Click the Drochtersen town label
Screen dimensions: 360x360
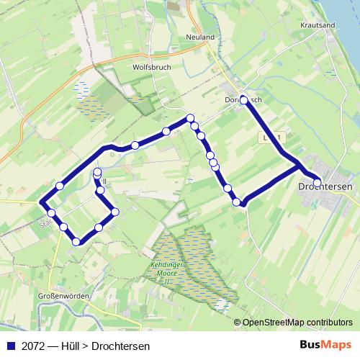coord(325,186)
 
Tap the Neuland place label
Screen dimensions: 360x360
coord(200,37)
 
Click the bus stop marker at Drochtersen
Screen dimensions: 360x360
coord(317,182)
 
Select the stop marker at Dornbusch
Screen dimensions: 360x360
coord(243,99)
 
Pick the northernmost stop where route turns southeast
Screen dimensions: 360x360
coord(190,118)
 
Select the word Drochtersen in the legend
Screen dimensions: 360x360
coord(121,346)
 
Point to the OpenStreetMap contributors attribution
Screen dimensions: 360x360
coord(297,322)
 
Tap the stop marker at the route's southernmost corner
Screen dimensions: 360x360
coord(76,241)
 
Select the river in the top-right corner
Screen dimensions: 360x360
coord(346,14)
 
